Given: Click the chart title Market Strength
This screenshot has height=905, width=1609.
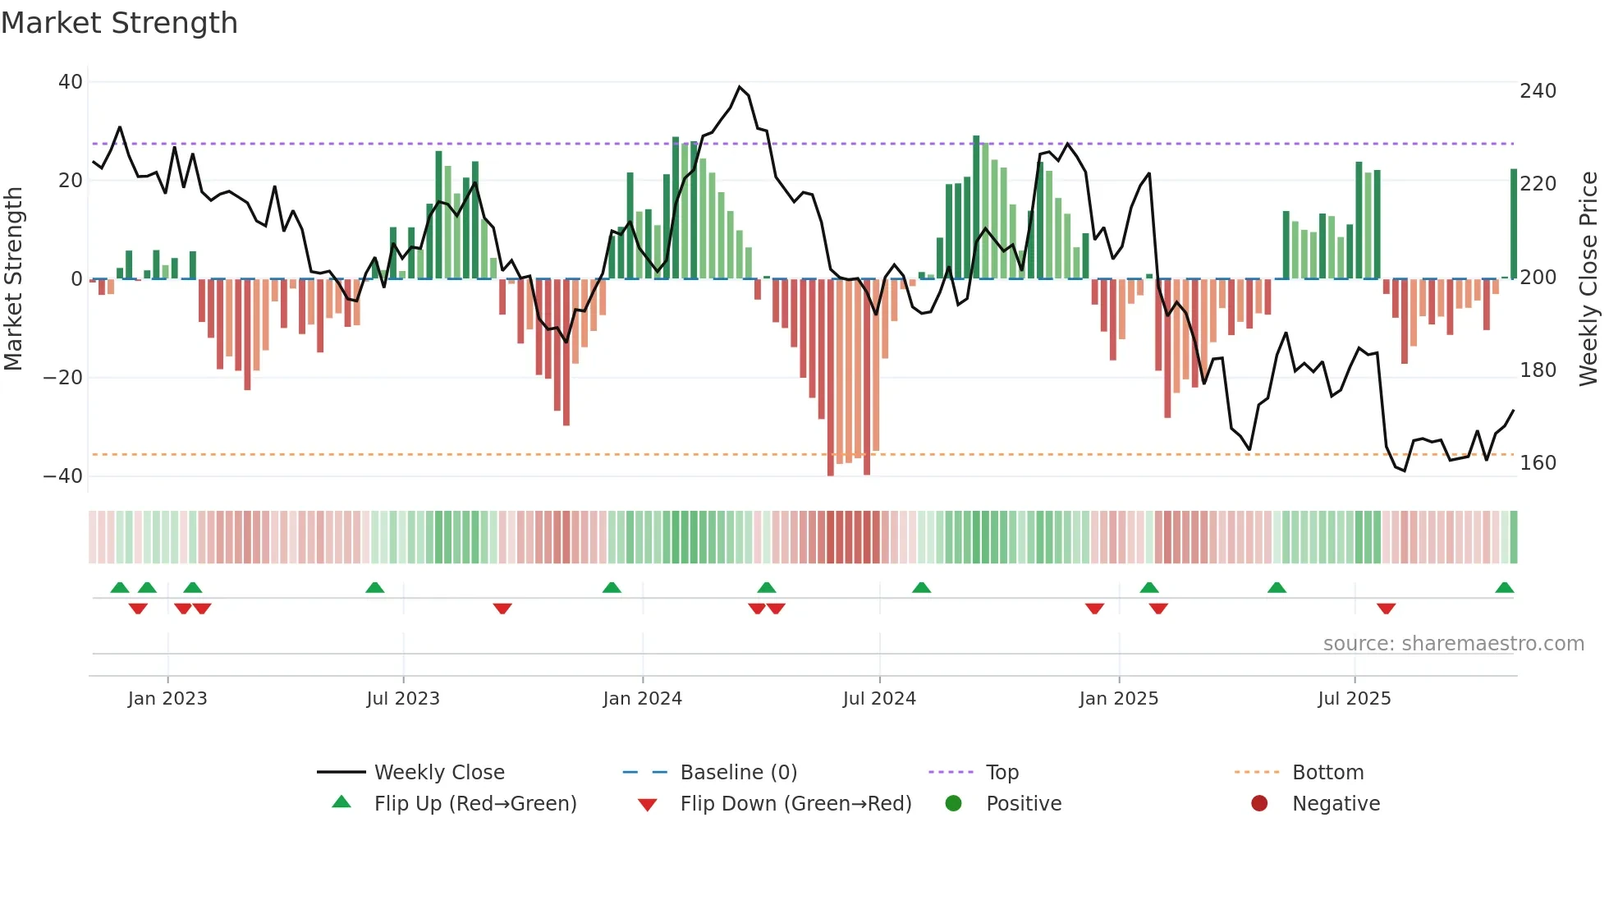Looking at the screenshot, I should point(119,23).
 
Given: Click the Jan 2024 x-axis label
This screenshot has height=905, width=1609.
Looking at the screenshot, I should point(642,699).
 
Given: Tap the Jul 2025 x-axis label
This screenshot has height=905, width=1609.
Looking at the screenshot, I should point(1354,699).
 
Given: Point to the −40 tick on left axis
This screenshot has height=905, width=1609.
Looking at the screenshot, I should point(63,476).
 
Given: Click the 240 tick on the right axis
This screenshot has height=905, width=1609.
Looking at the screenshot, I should point(1538,91).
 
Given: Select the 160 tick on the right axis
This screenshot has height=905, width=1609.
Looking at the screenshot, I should point(1538,463).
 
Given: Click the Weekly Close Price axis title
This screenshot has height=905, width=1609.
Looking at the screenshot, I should point(1588,279).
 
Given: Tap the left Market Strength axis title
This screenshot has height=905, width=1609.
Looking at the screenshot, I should point(13,279).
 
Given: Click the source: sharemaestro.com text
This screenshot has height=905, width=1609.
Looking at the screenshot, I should point(1453,644).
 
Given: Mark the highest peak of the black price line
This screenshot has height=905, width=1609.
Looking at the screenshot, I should point(740,86).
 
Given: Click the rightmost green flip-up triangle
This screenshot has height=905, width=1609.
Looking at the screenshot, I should point(1504,587).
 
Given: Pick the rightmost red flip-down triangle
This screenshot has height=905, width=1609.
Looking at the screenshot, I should point(1386,609).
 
